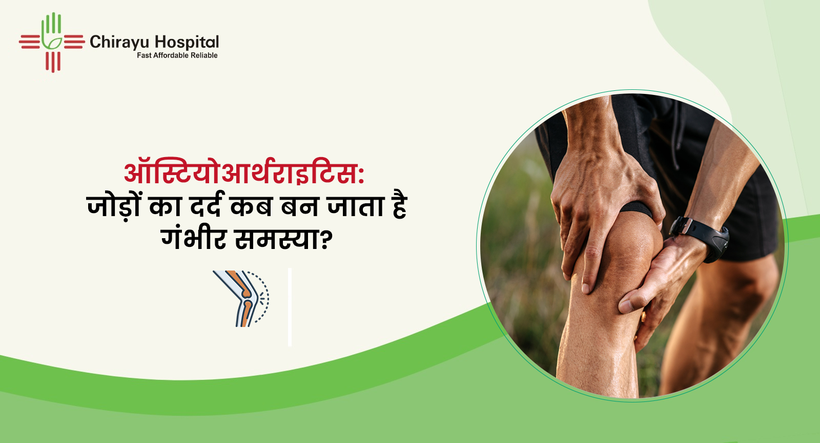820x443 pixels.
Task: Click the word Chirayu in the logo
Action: (x=119, y=43)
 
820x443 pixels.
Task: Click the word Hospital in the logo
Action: (x=187, y=43)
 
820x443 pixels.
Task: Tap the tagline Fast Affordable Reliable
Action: (x=177, y=55)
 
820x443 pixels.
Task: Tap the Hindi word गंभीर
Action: (x=194, y=239)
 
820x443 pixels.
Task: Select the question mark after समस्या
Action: (x=326, y=241)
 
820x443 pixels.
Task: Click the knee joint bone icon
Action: (x=241, y=299)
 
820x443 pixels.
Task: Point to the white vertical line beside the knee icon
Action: (x=290, y=307)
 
